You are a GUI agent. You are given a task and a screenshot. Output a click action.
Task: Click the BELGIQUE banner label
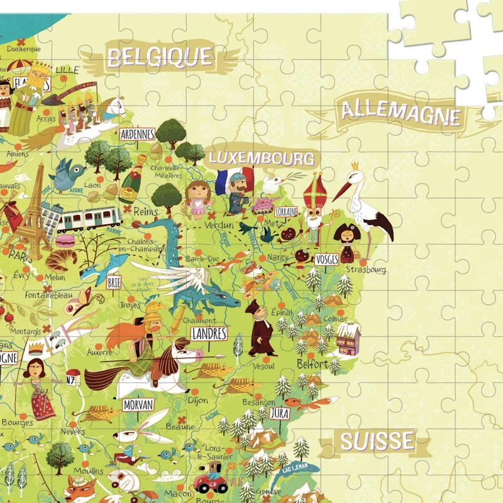click(x=159, y=57)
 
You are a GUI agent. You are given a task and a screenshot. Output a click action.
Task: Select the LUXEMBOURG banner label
click(x=261, y=157)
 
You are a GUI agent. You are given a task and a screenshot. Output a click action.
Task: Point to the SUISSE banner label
click(x=377, y=441)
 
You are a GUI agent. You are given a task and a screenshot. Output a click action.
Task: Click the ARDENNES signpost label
click(x=137, y=134)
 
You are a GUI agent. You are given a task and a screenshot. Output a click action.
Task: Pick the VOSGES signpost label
click(x=327, y=259)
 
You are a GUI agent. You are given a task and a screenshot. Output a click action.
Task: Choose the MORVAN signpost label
click(x=138, y=404)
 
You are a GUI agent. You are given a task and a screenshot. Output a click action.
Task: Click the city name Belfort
click(x=312, y=364)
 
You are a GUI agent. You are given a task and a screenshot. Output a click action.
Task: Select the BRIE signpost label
click(x=114, y=283)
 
